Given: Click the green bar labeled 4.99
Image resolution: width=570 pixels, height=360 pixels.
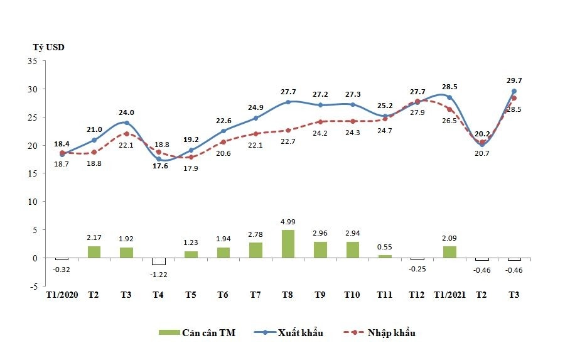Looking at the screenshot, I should click(288, 244).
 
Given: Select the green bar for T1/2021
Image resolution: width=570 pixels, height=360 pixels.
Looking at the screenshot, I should click(449, 252).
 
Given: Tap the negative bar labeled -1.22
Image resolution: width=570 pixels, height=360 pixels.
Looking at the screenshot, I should click(158, 261).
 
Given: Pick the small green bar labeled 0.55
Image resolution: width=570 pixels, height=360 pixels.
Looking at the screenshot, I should click(384, 256).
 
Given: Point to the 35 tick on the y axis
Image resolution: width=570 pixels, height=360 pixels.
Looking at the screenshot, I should click(33, 61).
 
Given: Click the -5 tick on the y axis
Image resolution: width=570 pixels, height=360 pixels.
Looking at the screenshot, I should click(33, 286).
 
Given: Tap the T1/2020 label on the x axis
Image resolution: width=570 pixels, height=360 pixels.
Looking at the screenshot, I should click(62, 295).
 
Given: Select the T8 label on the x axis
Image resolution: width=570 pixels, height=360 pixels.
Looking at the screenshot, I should click(288, 295).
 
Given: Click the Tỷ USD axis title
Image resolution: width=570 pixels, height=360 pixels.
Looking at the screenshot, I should click(48, 47).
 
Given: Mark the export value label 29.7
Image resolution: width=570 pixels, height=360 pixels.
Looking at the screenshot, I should click(514, 80).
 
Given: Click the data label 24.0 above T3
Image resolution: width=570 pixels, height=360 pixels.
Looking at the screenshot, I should click(126, 113).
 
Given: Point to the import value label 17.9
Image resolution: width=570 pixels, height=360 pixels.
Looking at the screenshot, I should click(191, 168).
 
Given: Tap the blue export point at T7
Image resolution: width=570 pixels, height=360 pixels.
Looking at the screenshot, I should click(255, 118).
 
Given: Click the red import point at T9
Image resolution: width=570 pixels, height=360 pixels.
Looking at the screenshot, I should click(320, 122).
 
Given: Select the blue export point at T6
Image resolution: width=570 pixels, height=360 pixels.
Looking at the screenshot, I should click(223, 131).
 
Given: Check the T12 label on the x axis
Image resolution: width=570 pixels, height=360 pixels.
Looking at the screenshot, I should click(417, 295).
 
